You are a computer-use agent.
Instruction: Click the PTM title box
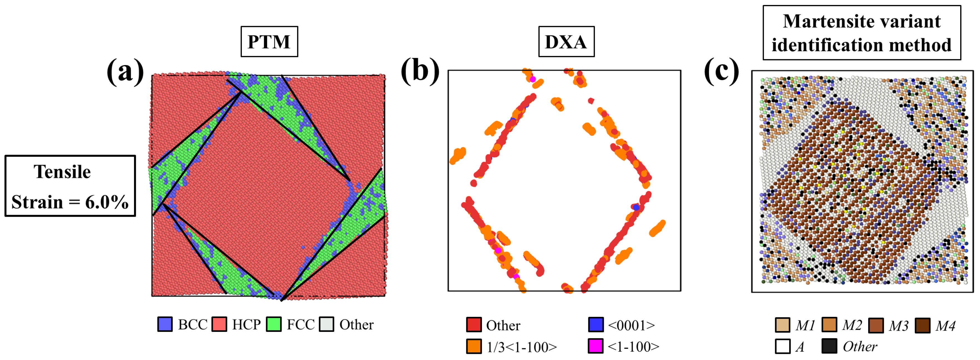269,41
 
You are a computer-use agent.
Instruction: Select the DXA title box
566,41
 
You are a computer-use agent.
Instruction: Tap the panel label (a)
125,71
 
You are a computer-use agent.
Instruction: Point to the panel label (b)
420,71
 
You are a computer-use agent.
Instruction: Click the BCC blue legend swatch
165,324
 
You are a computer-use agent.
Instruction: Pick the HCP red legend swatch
219,324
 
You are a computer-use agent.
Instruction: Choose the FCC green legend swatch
274,324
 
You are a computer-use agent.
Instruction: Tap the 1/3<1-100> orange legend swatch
474,346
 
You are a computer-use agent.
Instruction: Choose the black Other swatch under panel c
829,346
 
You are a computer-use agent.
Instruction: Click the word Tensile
62,172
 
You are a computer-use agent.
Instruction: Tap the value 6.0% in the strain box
107,202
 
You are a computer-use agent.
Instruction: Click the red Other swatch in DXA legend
474,325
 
